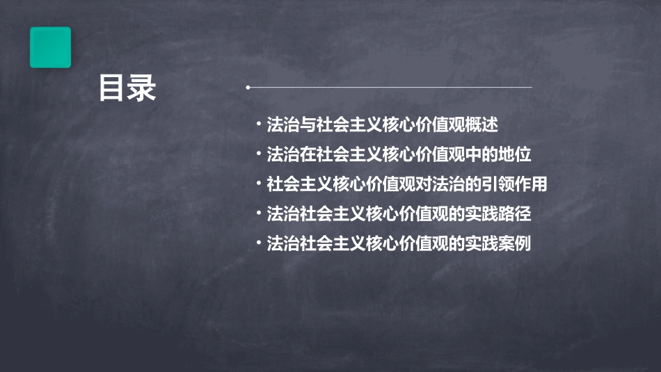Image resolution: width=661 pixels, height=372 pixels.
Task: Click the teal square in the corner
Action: click(x=50, y=47)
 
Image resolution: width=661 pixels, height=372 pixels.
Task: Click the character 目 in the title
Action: click(x=112, y=89)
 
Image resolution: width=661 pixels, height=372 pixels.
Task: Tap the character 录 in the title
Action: click(x=142, y=89)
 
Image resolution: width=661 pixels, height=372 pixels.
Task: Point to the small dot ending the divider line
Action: click(x=248, y=88)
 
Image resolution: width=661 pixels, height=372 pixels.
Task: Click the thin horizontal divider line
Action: click(x=390, y=88)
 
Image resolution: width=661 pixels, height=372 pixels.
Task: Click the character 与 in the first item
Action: click(x=307, y=126)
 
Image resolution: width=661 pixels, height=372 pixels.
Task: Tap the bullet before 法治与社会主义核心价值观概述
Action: click(x=258, y=126)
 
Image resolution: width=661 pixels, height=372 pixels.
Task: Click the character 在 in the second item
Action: click(x=307, y=155)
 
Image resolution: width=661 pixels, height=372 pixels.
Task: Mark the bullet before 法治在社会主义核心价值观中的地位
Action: click(x=258, y=155)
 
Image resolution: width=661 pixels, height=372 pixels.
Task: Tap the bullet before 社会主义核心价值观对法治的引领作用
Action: click(x=258, y=185)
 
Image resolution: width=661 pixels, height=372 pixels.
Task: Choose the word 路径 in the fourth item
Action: click(x=516, y=214)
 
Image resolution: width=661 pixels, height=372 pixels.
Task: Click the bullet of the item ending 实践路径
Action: click(x=258, y=214)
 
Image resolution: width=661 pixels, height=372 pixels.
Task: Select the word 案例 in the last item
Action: click(x=516, y=244)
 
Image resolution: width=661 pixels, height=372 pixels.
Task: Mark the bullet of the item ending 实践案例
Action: click(x=258, y=244)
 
